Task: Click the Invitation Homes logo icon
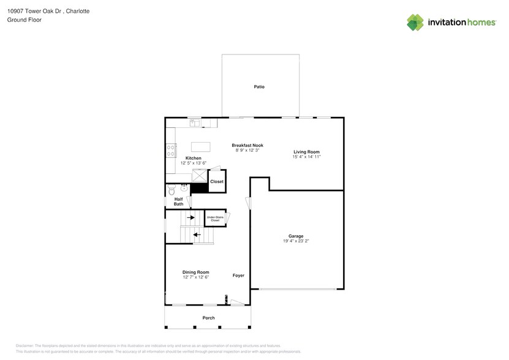point(415,22)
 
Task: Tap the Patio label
point(259,87)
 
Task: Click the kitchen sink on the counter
point(195,123)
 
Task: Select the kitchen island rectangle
point(200,146)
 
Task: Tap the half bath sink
point(183,188)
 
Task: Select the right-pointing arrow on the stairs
point(191,217)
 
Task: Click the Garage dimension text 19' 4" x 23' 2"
point(296,241)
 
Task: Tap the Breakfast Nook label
point(247,145)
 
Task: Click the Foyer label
point(238,276)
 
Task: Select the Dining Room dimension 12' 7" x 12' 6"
point(195,277)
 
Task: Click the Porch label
point(209,318)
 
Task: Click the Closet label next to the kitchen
point(217,182)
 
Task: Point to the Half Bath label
point(178,201)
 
